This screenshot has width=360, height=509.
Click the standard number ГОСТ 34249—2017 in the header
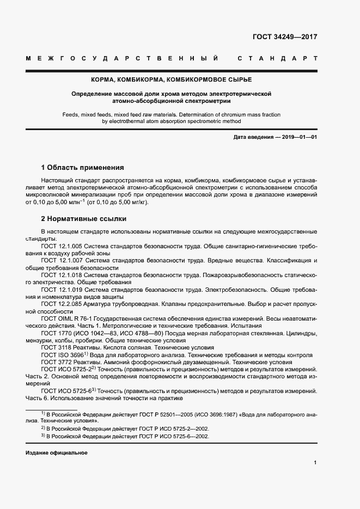coord(285,38)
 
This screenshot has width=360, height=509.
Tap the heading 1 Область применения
coord(83,168)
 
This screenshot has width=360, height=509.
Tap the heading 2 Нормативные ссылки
coord(84,219)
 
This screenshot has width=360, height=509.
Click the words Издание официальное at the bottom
coord(56,453)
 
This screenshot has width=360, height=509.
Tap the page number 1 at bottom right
coord(315,462)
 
